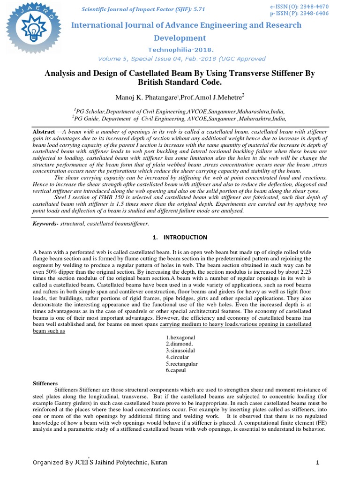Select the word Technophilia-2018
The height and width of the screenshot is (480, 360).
(x=180, y=49)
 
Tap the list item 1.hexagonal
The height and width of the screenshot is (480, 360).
(x=180, y=337)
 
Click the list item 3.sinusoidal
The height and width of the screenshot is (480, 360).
(x=180, y=351)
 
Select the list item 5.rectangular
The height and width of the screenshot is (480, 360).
(x=182, y=364)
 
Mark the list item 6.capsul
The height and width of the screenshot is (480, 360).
(x=176, y=370)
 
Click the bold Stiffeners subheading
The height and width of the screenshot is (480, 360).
(x=45, y=383)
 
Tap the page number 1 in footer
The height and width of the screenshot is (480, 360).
(x=317, y=463)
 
